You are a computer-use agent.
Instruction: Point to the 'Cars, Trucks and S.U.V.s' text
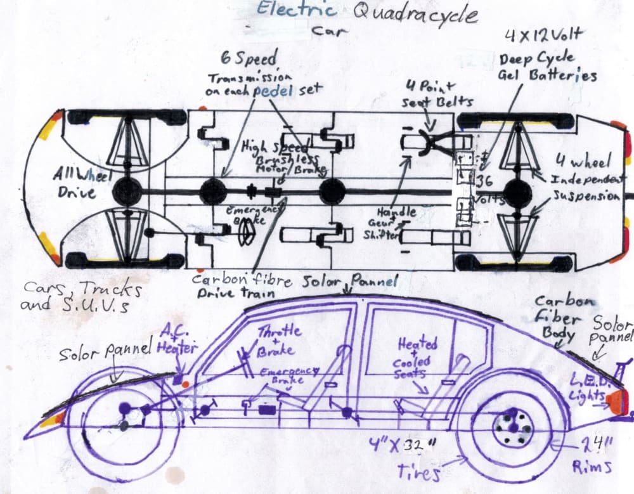tap(82, 296)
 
